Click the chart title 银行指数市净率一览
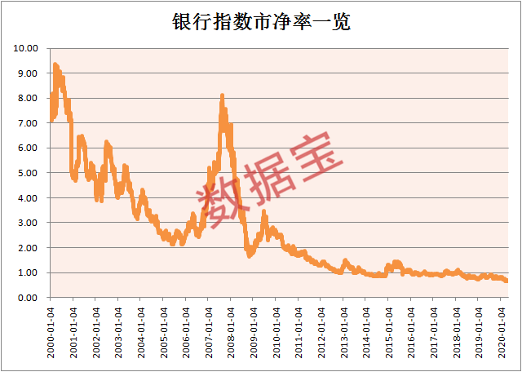click(x=261, y=22)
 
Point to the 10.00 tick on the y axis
click(x=26, y=48)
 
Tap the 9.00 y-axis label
click(x=28, y=73)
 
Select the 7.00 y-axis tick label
click(x=28, y=123)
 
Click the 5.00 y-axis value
click(x=28, y=173)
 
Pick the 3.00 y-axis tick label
click(x=28, y=223)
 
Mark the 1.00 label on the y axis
click(x=28, y=272)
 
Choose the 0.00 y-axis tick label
click(x=28, y=298)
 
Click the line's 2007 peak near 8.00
click(x=222, y=96)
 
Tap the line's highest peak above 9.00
click(x=55, y=64)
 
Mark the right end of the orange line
click(x=507, y=281)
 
